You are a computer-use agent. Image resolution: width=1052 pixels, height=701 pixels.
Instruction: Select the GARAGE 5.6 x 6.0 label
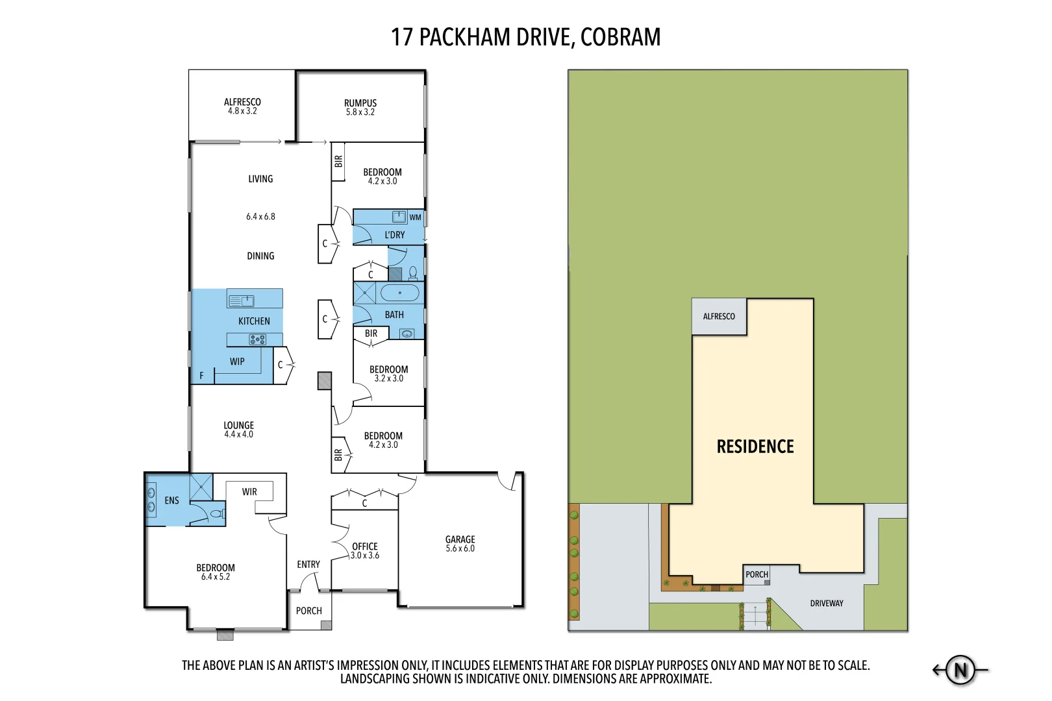tap(460, 543)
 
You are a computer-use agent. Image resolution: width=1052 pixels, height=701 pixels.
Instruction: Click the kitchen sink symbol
tap(242, 301)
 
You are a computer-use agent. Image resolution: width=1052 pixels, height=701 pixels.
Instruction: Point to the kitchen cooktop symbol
tap(257, 339)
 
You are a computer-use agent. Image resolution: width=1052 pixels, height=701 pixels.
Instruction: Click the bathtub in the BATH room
tap(400, 293)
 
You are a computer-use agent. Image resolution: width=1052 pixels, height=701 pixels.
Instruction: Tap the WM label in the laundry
tap(415, 217)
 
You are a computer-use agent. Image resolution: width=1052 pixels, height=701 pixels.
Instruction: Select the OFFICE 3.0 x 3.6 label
tap(365, 550)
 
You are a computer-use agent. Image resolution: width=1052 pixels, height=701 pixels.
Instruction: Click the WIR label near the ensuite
tap(249, 492)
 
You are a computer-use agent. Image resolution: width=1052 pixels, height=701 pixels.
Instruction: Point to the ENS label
tap(171, 500)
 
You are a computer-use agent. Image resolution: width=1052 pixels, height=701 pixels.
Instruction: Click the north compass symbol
tap(960, 670)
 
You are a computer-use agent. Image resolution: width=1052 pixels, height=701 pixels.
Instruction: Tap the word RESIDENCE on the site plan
tap(755, 447)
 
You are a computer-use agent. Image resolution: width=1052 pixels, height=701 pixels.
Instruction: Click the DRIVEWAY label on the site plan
tap(827, 603)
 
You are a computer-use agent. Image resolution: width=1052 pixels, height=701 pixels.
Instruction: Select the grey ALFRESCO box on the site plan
tap(719, 317)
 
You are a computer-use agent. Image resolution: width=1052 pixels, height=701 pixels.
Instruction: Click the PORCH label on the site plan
tap(757, 574)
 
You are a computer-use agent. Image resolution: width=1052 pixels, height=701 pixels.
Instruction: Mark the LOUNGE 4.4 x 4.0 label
tap(238, 430)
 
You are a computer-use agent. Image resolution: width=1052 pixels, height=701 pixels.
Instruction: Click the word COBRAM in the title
tap(620, 37)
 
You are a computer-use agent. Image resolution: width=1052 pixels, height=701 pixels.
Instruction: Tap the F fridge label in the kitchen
tap(202, 375)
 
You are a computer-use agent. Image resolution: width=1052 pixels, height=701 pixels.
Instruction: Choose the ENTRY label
tap(308, 565)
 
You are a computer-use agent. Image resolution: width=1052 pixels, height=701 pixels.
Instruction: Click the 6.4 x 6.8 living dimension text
tap(260, 217)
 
